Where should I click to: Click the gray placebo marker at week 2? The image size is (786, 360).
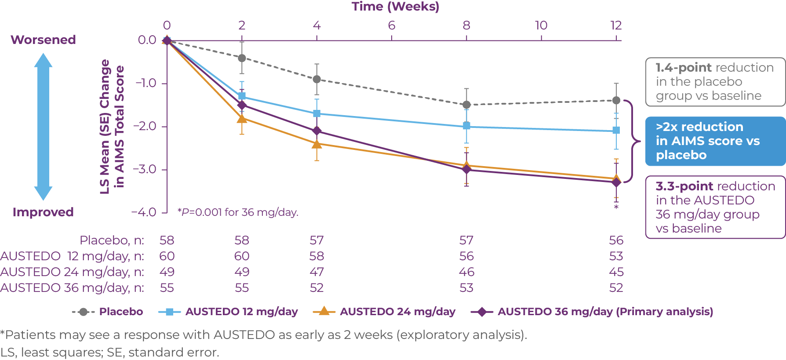tap(242, 58)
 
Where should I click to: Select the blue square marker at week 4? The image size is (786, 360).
tap(317, 113)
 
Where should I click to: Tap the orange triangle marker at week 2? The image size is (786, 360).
tap(242, 118)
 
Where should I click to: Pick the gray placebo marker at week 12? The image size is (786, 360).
tap(616, 100)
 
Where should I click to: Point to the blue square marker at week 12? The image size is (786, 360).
tap(616, 131)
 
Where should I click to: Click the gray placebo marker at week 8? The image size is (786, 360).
tap(466, 105)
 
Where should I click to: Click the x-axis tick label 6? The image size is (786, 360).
tap(391, 25)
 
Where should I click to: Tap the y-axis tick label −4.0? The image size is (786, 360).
tap(144, 212)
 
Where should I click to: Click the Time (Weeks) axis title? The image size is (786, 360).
tap(395, 7)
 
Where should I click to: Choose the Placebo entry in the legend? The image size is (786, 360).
tap(108, 312)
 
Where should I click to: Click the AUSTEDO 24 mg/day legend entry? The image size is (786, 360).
tap(384, 312)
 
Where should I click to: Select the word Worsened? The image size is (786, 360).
tap(43, 40)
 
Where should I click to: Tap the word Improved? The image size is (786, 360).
tap(43, 212)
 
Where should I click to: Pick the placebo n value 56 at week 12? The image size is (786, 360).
tap(616, 240)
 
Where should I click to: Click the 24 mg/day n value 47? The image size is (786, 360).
tap(317, 272)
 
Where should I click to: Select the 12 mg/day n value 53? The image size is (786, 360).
tap(616, 256)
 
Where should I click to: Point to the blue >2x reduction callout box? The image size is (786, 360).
tap(715, 141)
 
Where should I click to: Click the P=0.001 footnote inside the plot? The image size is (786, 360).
tap(238, 212)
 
